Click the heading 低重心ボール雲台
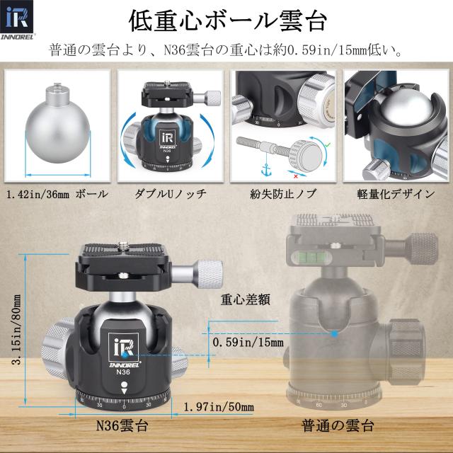226,21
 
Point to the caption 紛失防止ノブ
282,193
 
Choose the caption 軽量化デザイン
394,193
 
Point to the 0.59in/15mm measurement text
248,343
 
